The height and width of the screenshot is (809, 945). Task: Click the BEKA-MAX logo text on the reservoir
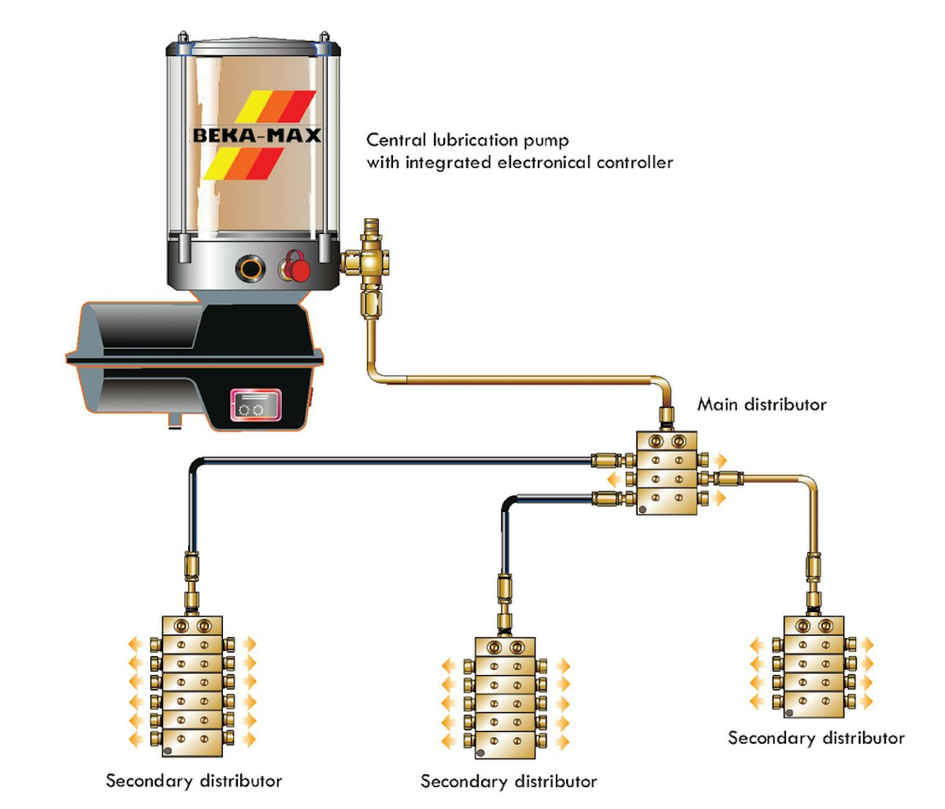257,135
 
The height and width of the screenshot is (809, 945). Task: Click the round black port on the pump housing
250,269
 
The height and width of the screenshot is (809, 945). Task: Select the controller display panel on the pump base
254,406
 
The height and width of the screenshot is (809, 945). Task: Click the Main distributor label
762,405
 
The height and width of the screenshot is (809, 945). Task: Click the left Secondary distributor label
194,781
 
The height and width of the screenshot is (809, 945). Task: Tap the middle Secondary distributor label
508,781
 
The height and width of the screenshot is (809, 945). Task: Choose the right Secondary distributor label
816,738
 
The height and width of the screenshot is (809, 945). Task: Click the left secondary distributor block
192,682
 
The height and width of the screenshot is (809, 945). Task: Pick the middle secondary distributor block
506,698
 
